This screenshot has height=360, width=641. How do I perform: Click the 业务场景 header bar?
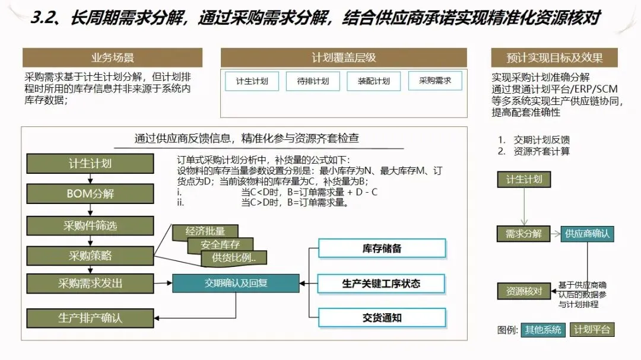point(112,58)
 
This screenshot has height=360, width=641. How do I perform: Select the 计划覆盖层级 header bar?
point(344,58)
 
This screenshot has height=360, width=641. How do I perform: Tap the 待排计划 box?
point(313,81)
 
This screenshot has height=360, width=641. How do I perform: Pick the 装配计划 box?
point(374,81)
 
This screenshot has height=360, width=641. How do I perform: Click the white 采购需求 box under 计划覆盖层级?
point(435,81)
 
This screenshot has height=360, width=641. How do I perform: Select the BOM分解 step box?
point(90,194)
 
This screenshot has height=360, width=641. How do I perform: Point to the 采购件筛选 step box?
point(90,225)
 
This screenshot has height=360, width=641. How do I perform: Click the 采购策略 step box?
point(90,256)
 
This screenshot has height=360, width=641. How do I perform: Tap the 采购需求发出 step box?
point(90,283)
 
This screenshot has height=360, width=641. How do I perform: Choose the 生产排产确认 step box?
point(90,317)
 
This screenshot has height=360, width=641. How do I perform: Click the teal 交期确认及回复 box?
point(236,283)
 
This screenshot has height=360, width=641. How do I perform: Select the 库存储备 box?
point(382,249)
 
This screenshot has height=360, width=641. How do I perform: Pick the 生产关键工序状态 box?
point(382,283)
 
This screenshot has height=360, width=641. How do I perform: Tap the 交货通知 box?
point(382,318)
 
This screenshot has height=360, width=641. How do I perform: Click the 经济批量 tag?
point(205,232)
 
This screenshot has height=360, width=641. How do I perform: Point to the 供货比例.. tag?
point(234,258)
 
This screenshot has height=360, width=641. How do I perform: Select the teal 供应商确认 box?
point(587,233)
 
